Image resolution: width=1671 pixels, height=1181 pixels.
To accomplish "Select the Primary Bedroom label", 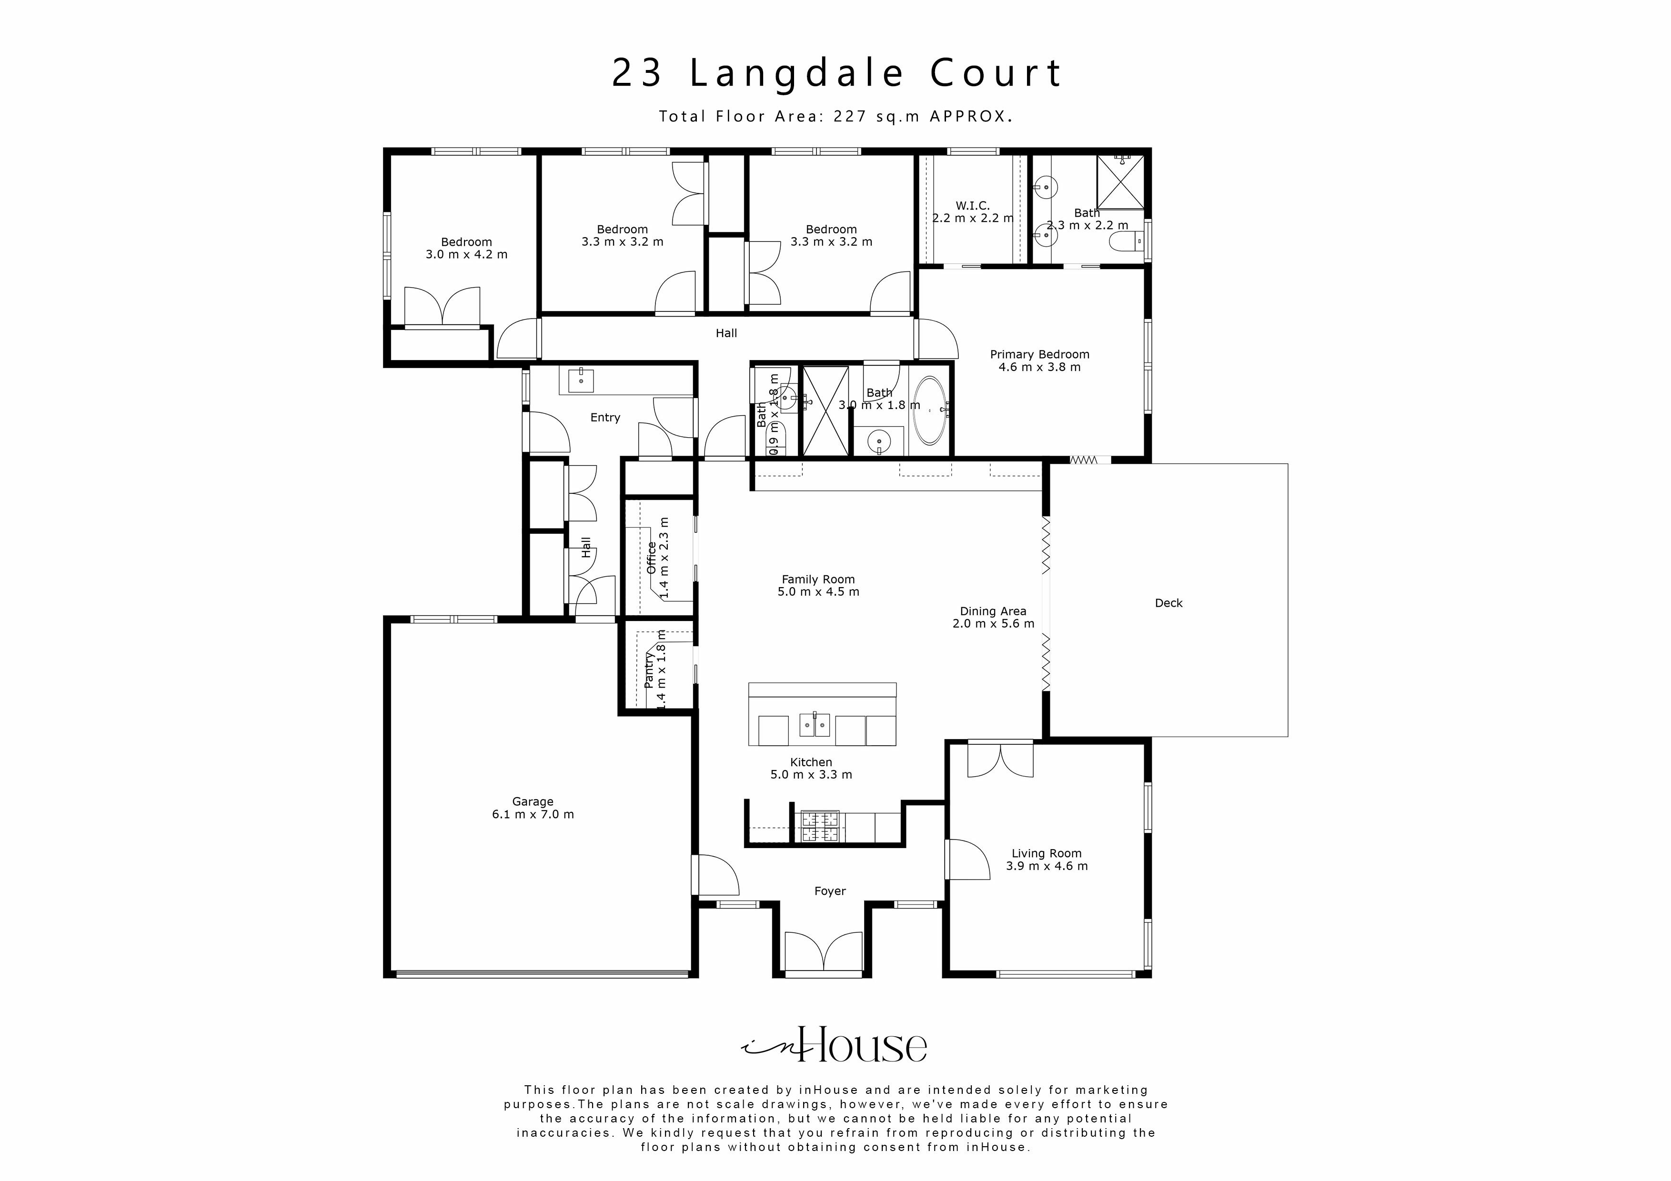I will pyautogui.click(x=1039, y=354).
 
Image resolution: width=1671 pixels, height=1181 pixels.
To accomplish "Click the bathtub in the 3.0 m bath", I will pyautogui.click(x=929, y=410).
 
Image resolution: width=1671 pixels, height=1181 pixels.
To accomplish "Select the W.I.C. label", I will pyautogui.click(x=972, y=206).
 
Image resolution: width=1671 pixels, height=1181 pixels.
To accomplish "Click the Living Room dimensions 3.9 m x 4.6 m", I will pyautogui.click(x=1047, y=866).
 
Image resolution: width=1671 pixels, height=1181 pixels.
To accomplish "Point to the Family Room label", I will pyautogui.click(x=818, y=579).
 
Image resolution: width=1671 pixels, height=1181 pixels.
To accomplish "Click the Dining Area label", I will pyautogui.click(x=993, y=611).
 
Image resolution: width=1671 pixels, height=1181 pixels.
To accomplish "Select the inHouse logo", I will pyautogui.click(x=835, y=1046).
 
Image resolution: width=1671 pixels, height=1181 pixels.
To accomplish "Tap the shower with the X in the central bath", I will pyautogui.click(x=825, y=411).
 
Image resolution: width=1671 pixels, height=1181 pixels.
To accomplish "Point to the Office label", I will pyautogui.click(x=651, y=557).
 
